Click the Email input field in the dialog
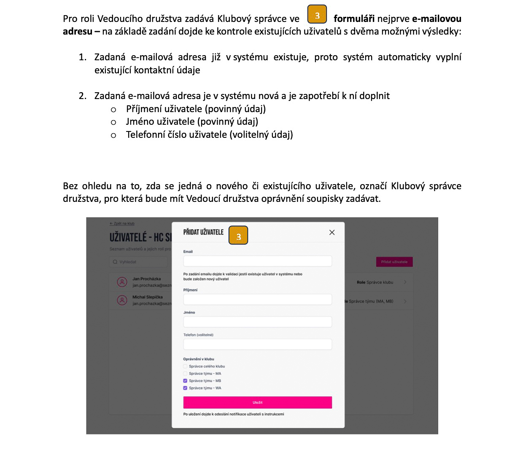(257, 261)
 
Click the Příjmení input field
(257, 300)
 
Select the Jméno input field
(257, 322)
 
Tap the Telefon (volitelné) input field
(257, 344)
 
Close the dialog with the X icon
(332, 233)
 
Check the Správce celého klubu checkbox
(185, 366)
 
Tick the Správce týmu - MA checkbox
(185, 373)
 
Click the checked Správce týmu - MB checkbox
(185, 381)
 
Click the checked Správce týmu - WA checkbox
(185, 388)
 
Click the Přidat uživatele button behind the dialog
(394, 262)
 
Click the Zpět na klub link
(122, 223)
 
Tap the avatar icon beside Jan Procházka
(122, 282)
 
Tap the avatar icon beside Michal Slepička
(122, 300)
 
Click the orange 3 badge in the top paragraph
(317, 15)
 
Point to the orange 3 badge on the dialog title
(238, 236)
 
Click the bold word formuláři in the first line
(354, 19)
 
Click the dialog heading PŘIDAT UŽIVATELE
(203, 232)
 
